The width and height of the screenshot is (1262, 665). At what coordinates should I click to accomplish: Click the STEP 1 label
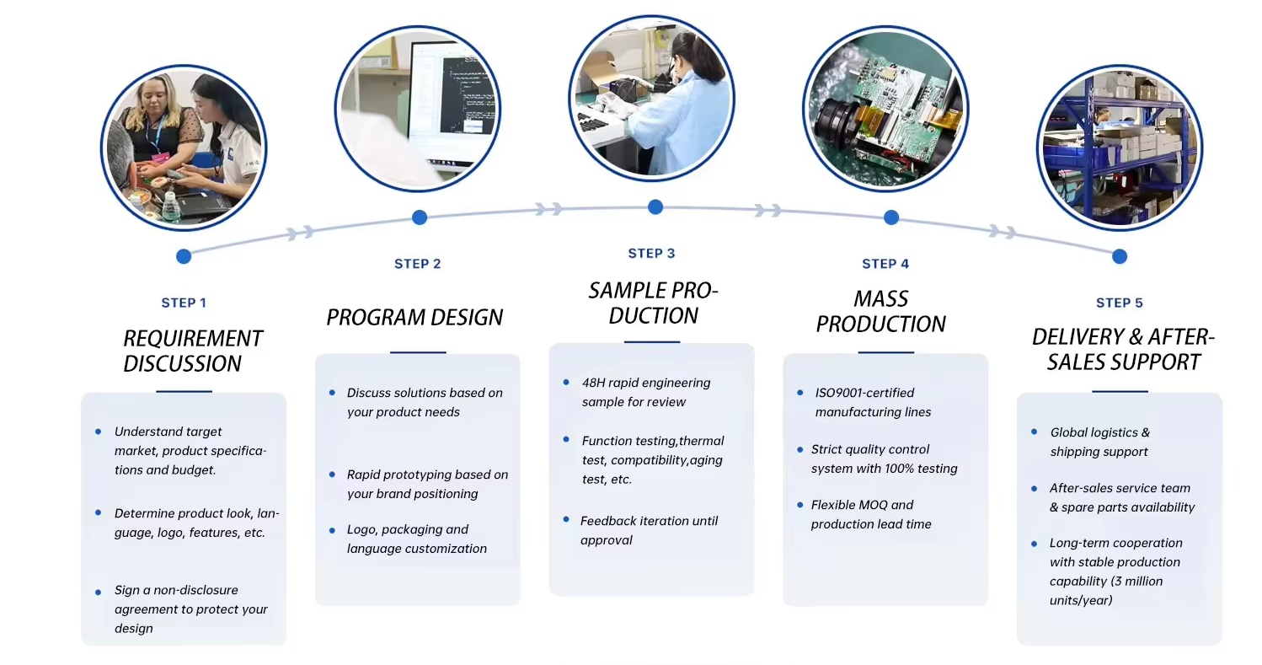click(184, 303)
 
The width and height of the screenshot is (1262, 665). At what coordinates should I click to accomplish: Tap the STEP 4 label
click(885, 264)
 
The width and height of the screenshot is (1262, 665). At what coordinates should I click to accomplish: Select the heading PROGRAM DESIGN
click(414, 318)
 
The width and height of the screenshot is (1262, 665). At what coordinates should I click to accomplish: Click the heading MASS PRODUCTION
click(880, 311)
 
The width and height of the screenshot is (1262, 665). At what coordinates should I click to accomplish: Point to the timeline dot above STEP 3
click(655, 207)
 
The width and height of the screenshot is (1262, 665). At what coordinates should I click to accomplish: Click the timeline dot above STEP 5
click(1119, 256)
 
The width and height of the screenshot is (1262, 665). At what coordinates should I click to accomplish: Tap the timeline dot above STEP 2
click(420, 217)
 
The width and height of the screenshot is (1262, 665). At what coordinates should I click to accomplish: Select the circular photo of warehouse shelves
click(1119, 147)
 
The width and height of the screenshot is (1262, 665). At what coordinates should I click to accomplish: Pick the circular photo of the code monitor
click(418, 108)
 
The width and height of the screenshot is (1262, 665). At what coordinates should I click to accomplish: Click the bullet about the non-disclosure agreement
click(190, 609)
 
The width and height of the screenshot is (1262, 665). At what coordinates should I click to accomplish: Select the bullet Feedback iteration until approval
click(649, 530)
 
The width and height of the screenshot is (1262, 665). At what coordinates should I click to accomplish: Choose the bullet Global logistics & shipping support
click(1099, 442)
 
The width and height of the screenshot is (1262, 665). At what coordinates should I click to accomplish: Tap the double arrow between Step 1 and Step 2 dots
click(302, 232)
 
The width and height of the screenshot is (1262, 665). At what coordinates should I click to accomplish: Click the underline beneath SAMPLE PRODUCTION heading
click(651, 342)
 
